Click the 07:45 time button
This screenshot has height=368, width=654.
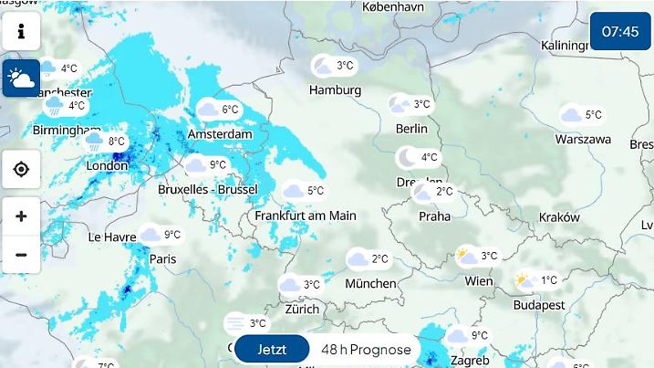tap(620, 32)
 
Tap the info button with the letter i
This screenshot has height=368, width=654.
tap(21, 32)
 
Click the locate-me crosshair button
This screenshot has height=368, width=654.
tap(21, 170)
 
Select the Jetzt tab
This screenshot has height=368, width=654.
tap(272, 350)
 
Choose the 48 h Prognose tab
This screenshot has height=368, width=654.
tap(366, 350)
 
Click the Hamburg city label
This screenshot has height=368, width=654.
tap(335, 90)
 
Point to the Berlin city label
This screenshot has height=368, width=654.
tap(411, 129)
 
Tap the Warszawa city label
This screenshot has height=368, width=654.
tap(583, 140)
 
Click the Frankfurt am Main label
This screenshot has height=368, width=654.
tap(306, 216)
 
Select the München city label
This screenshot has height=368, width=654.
tap(370, 284)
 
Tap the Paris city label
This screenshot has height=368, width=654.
tap(162, 259)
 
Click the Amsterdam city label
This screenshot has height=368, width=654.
tap(220, 134)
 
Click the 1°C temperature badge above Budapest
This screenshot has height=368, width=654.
tap(537, 281)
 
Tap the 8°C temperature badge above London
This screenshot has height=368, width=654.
tap(106, 142)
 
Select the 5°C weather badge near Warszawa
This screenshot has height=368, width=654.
tap(582, 115)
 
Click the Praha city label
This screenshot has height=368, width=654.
tap(434, 216)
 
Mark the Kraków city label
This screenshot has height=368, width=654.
tap(559, 217)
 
